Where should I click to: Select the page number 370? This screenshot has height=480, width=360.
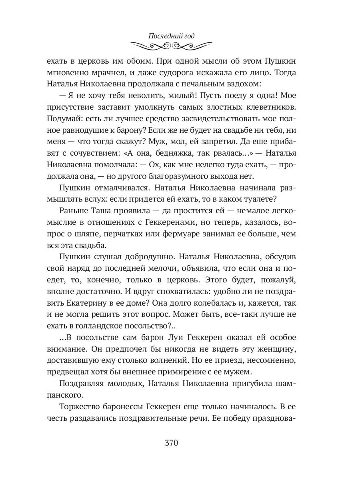point(171,443)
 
